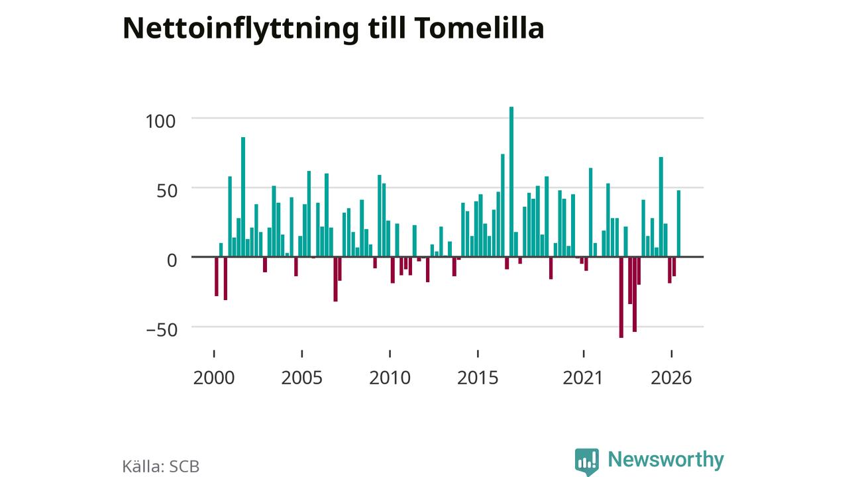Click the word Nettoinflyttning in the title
240,29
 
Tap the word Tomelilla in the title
479,28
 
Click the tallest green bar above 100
511,182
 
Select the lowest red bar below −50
621,297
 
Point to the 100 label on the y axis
160,121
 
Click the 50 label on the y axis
167,191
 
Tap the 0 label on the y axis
172,260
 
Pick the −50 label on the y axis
162,330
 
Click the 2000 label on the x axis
214,378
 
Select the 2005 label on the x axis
301,378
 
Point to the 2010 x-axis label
390,378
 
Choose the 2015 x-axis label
478,378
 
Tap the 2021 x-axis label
582,378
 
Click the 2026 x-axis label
671,378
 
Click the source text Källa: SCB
161,466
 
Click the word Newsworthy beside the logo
666,459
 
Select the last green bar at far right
679,224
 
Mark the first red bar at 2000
217,276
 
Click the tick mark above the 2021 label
584,354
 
